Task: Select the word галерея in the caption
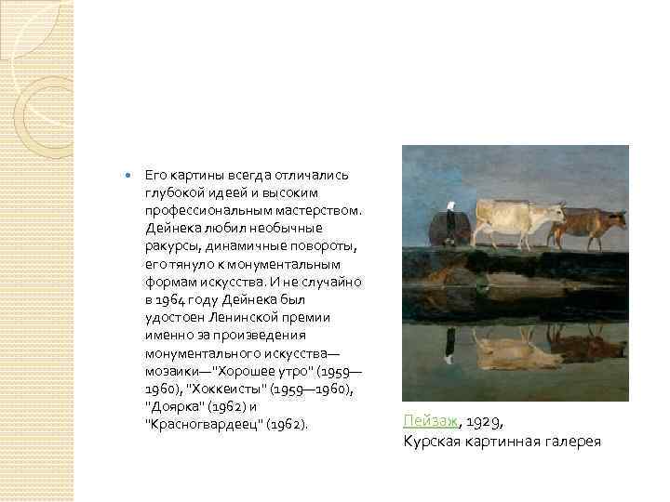(x=570, y=441)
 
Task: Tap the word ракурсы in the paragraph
(x=170, y=246)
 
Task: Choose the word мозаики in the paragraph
(x=174, y=369)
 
